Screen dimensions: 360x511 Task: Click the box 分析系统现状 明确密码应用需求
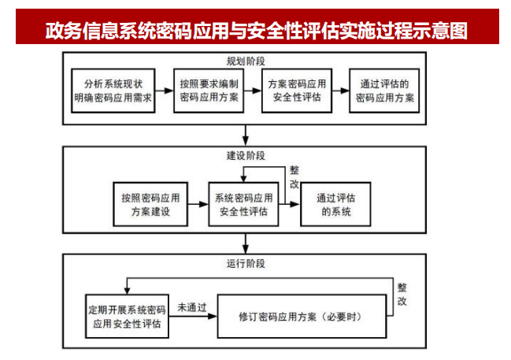pos(117,91)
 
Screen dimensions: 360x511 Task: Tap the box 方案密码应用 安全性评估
pos(295,91)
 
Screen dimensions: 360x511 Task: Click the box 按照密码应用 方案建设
pos(150,204)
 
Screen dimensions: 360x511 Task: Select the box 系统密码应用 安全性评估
pos(243,204)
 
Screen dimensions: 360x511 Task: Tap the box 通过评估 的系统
pos(335,204)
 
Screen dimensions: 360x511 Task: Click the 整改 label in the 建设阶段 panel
pos(294,176)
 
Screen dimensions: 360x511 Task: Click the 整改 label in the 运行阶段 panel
pos(402,295)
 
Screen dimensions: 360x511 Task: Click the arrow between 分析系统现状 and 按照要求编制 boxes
pos(165,91)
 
